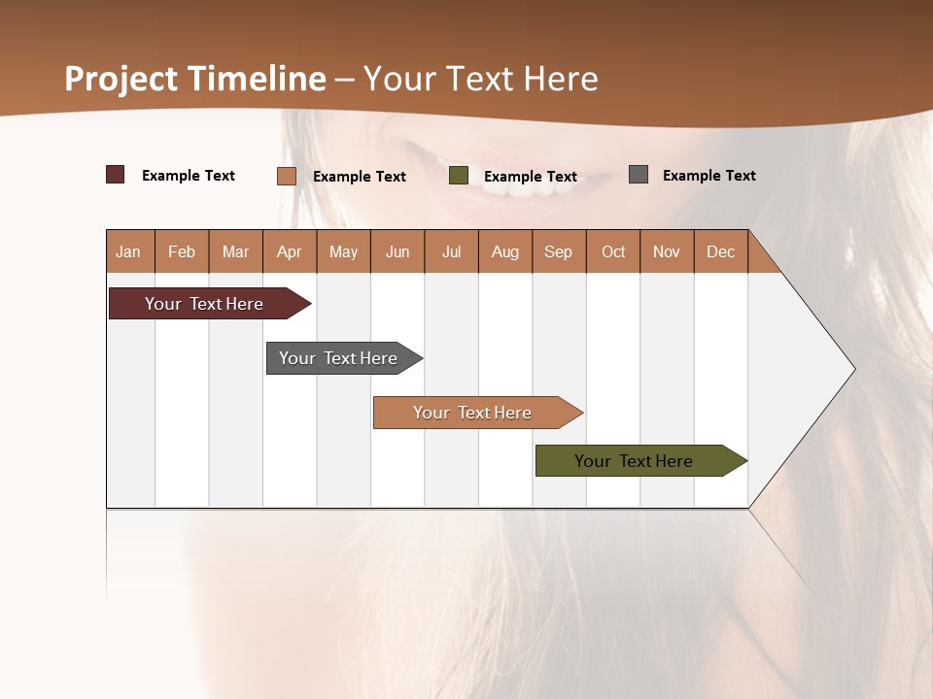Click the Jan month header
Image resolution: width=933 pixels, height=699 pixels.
point(128,251)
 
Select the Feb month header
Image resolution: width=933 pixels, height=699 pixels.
point(182,251)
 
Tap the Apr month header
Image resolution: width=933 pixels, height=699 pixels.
point(289,251)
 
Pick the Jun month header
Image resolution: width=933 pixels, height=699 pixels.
point(397,251)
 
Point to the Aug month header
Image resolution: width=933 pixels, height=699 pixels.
point(504,251)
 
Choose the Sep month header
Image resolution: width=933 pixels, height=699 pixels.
point(558,251)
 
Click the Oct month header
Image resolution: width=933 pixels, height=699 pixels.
point(613,251)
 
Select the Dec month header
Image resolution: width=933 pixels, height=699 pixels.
point(720,251)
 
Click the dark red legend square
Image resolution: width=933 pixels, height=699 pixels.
point(116,175)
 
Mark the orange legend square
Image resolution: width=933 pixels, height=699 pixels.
point(287,176)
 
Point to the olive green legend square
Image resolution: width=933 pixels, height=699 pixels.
point(459,176)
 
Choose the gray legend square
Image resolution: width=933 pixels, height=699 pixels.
point(639,175)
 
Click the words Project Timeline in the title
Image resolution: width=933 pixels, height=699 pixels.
point(195,79)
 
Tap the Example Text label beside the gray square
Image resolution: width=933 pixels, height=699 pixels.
point(708,176)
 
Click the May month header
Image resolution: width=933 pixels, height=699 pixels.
point(343,251)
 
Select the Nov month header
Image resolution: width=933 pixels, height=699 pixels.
point(666,251)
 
